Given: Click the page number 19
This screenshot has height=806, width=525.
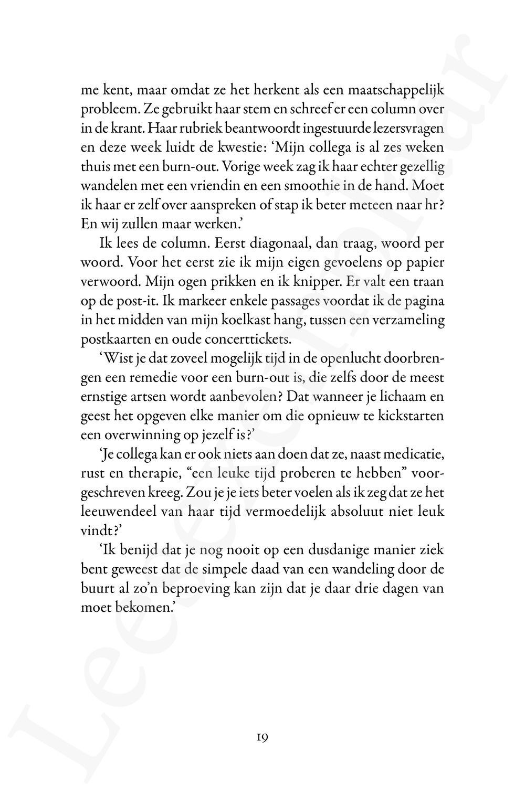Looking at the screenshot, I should tap(262, 737).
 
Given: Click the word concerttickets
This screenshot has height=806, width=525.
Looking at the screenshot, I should tap(255, 339).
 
